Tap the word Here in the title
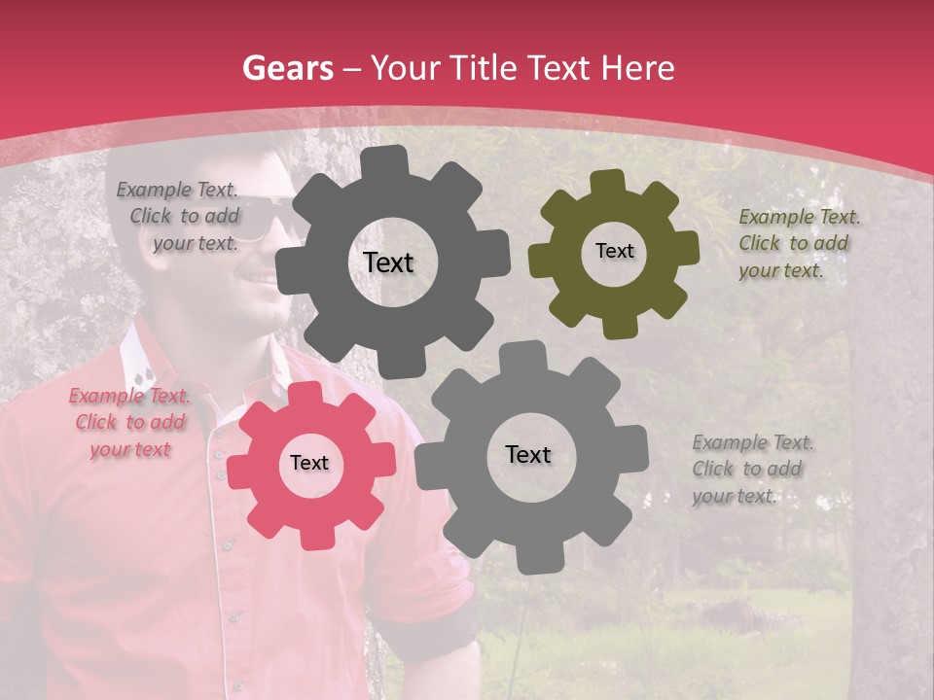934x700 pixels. pyautogui.click(x=637, y=68)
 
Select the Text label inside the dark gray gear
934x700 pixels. pyautogui.click(x=388, y=262)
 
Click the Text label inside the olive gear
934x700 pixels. pyautogui.click(x=614, y=251)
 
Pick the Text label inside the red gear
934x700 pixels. pyautogui.click(x=309, y=463)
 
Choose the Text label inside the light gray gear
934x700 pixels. pyautogui.click(x=528, y=454)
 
